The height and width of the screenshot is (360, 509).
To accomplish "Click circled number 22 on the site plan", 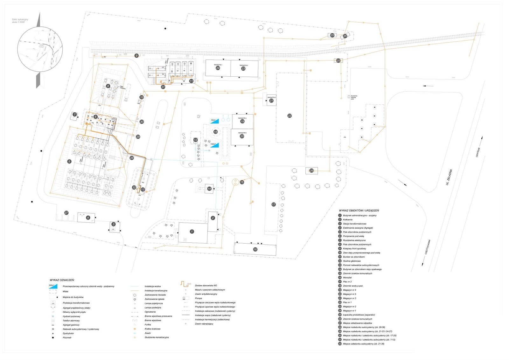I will pyautogui.click(x=289, y=116).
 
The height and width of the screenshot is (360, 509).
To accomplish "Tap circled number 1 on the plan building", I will pyautogui.click(x=192, y=232).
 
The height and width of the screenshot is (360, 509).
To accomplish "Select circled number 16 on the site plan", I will pyautogui.click(x=255, y=249).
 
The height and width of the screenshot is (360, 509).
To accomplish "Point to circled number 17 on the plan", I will pyautogui.click(x=274, y=204).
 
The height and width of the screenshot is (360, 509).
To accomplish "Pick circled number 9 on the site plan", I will pyautogui.click(x=136, y=56).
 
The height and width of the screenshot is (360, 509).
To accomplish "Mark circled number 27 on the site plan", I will pyautogui.click(x=66, y=213).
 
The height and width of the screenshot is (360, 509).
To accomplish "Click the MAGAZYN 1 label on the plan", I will pyautogui.click(x=218, y=65).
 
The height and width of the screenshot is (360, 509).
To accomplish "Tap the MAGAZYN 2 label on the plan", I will pyautogui.click(x=243, y=65).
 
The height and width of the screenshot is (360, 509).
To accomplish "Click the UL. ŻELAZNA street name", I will pyautogui.click(x=449, y=177).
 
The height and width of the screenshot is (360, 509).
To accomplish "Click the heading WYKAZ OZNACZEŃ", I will pyautogui.click(x=62, y=280).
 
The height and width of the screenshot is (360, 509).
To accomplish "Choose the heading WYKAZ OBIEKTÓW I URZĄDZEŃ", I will pyautogui.click(x=359, y=211).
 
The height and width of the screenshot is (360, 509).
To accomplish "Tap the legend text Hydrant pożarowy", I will pyautogui.click(x=71, y=316).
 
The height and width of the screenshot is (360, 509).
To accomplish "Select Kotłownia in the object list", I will pyautogui.click(x=347, y=219).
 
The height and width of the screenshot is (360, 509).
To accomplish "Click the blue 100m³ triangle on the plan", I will pyautogui.click(x=214, y=145).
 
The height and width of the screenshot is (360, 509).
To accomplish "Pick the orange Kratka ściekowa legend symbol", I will pyautogui.click(x=135, y=329).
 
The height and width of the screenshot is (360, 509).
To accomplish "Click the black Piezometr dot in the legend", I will pyautogui.click(x=53, y=337).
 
